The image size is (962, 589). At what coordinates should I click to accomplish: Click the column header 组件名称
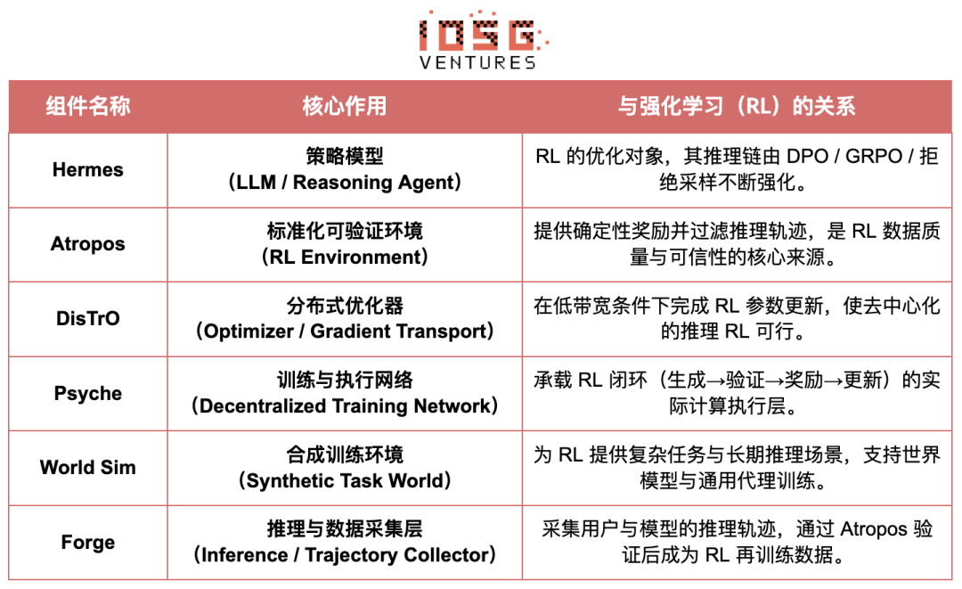(87, 107)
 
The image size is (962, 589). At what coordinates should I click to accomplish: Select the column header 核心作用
(344, 107)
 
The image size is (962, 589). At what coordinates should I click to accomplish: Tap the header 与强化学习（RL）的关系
(737, 107)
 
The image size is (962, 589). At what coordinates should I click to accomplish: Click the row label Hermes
(87, 169)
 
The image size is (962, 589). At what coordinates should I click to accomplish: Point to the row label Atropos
(87, 244)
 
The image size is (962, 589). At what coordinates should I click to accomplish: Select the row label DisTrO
(87, 318)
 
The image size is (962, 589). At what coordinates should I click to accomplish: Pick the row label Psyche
(87, 393)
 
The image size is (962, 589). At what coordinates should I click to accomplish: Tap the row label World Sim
(87, 467)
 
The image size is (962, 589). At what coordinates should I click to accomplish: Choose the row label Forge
(87, 542)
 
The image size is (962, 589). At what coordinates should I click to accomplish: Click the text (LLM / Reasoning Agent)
(344, 183)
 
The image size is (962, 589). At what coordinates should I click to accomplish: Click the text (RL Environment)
(344, 258)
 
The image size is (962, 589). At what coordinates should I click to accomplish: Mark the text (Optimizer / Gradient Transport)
(344, 331)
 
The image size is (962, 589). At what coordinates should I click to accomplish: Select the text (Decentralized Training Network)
(344, 406)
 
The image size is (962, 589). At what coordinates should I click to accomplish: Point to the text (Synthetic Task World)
(344, 481)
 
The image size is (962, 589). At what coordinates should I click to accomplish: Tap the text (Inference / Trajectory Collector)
(344, 555)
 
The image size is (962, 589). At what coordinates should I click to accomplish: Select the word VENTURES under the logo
(477, 62)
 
